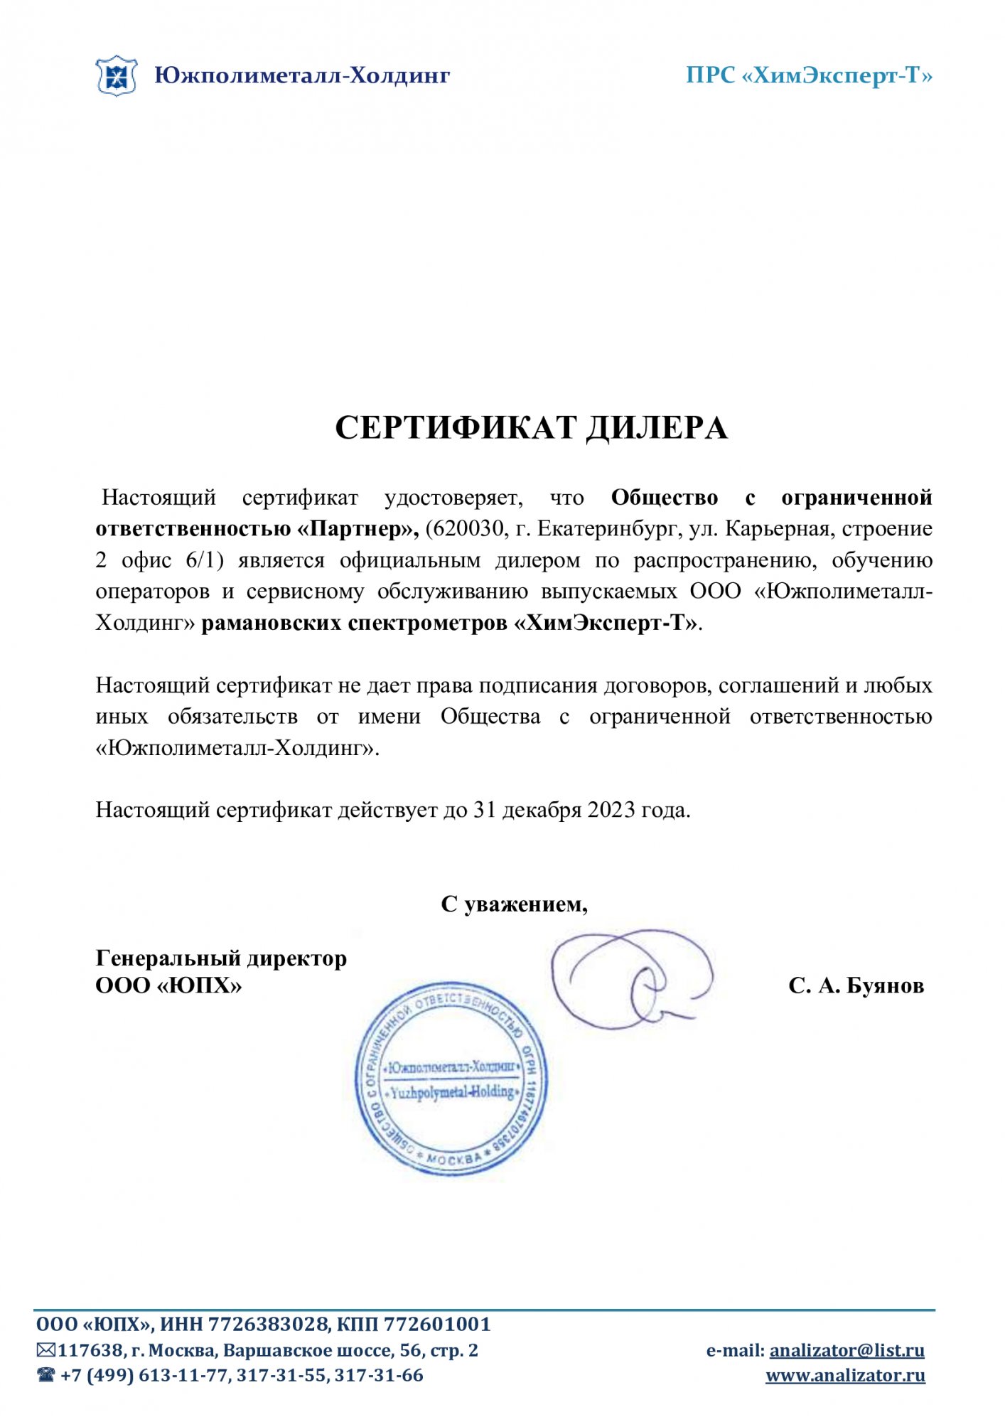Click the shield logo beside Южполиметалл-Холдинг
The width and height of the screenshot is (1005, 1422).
point(116,75)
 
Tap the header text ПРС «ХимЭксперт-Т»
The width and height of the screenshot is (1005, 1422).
point(808,75)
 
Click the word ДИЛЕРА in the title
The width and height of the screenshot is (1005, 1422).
point(657,428)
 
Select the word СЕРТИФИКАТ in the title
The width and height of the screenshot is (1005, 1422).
point(456,428)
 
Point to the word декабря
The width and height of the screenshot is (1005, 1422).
point(542,810)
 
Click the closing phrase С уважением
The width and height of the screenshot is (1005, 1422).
point(514,904)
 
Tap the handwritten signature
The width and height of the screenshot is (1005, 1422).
point(631,978)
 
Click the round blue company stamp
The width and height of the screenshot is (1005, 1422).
point(451,1078)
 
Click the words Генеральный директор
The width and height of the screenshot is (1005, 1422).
point(221,958)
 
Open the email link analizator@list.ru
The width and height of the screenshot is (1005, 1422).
point(847,1350)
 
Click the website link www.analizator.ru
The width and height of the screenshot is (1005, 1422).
point(845,1376)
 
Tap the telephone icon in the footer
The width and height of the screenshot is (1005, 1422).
point(46,1375)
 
